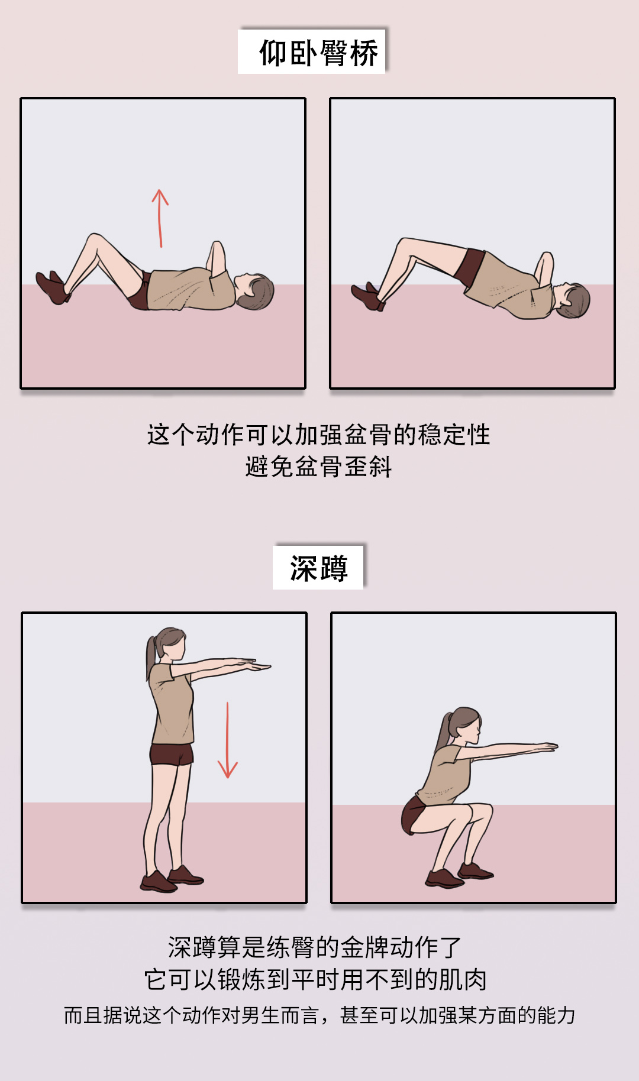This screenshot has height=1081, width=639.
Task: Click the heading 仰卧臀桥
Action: (x=318, y=53)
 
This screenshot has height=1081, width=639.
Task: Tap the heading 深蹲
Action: (x=318, y=568)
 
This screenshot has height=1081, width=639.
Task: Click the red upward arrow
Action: (x=160, y=218)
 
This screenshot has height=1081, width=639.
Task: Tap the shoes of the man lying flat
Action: (x=52, y=288)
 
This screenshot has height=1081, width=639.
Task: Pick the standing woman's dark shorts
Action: (x=172, y=755)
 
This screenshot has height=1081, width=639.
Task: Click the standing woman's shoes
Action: (x=172, y=879)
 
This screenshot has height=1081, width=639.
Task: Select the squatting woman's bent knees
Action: (x=480, y=813)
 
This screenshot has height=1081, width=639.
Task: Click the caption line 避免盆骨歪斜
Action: (x=318, y=467)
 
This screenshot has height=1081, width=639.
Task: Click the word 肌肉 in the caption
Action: (x=463, y=980)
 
